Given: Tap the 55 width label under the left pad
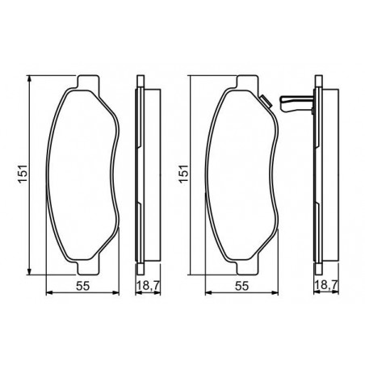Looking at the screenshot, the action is click(x=82, y=286).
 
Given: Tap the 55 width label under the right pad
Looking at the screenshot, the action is click(x=241, y=286).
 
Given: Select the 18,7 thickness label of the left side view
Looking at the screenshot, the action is click(x=148, y=285).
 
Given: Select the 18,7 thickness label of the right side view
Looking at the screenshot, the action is click(x=326, y=285).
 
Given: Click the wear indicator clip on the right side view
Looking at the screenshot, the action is click(x=296, y=104).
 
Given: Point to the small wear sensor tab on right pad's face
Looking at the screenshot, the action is click(x=266, y=102).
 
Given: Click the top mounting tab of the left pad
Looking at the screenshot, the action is click(x=88, y=82).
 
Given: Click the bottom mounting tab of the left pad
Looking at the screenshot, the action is click(x=88, y=268).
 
